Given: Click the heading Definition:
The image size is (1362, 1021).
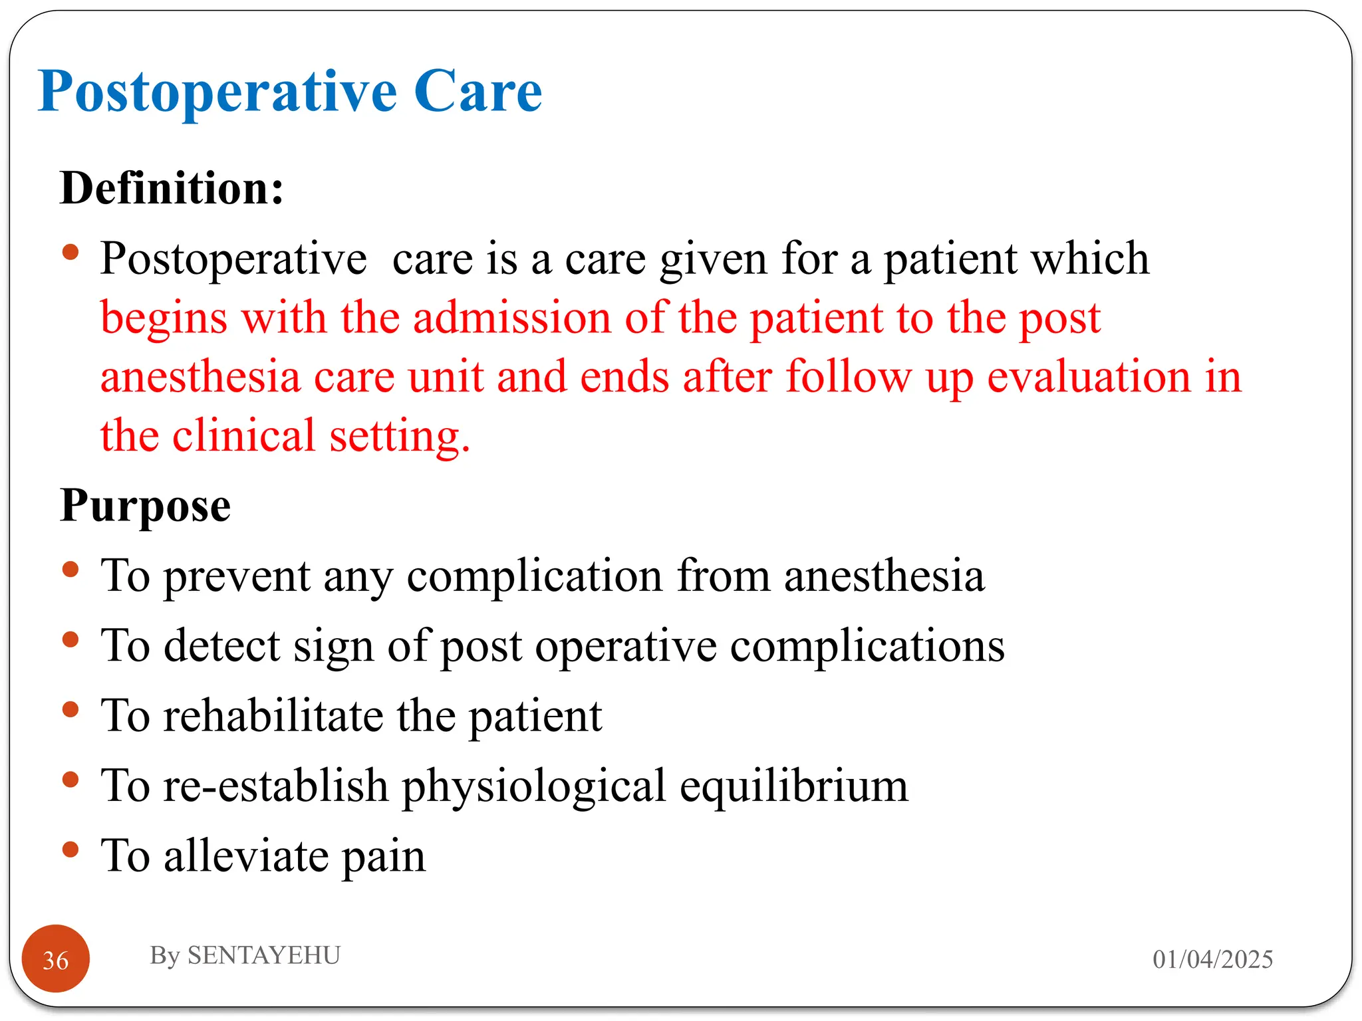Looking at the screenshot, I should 172,188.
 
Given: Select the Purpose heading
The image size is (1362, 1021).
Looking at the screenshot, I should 145,506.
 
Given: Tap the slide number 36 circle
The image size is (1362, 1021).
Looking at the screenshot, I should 56,959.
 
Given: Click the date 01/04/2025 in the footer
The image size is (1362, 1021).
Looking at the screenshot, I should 1212,959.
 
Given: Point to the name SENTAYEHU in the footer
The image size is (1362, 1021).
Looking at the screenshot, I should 263,955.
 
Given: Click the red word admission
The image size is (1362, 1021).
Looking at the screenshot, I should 511,317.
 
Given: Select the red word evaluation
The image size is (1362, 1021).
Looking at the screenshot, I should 1089,377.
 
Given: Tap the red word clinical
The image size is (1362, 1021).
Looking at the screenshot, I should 243,436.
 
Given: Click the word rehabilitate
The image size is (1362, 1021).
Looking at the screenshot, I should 273,716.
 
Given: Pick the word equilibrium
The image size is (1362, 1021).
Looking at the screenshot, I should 793,786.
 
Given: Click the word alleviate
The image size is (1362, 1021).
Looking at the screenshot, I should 246,856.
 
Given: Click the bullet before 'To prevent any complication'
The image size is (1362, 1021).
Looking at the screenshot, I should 70,570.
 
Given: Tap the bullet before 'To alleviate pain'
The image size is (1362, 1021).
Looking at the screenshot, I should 70,850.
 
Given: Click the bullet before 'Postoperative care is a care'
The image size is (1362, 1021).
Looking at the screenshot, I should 70,253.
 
